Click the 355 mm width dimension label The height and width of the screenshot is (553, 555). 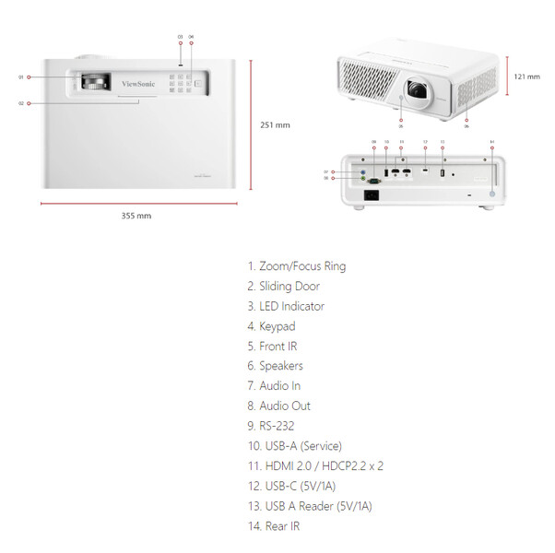(x=136, y=216)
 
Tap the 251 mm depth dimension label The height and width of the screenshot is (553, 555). (x=275, y=125)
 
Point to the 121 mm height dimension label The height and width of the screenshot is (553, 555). (x=527, y=76)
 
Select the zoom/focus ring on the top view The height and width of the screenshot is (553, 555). (x=92, y=82)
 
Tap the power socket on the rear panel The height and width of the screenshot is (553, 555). (x=374, y=194)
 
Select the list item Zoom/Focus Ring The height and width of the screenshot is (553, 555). (x=296, y=266)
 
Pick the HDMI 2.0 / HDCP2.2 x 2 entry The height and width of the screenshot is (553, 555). (x=315, y=466)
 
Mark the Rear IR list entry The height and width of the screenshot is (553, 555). (x=273, y=526)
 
